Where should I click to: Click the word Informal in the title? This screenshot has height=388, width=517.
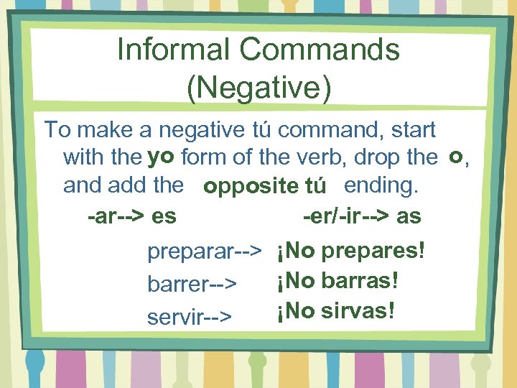click(173, 50)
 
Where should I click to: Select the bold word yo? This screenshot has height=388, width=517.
click(162, 156)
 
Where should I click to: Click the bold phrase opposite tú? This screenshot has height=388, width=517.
click(265, 187)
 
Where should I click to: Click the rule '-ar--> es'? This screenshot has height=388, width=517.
click(131, 216)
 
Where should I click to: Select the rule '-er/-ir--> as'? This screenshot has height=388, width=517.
click(362, 216)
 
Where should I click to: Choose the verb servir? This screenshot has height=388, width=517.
click(172, 316)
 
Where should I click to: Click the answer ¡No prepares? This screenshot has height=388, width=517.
click(349, 251)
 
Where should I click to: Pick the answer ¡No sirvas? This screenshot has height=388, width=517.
click(334, 312)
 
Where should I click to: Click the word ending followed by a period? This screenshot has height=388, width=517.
click(380, 185)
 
